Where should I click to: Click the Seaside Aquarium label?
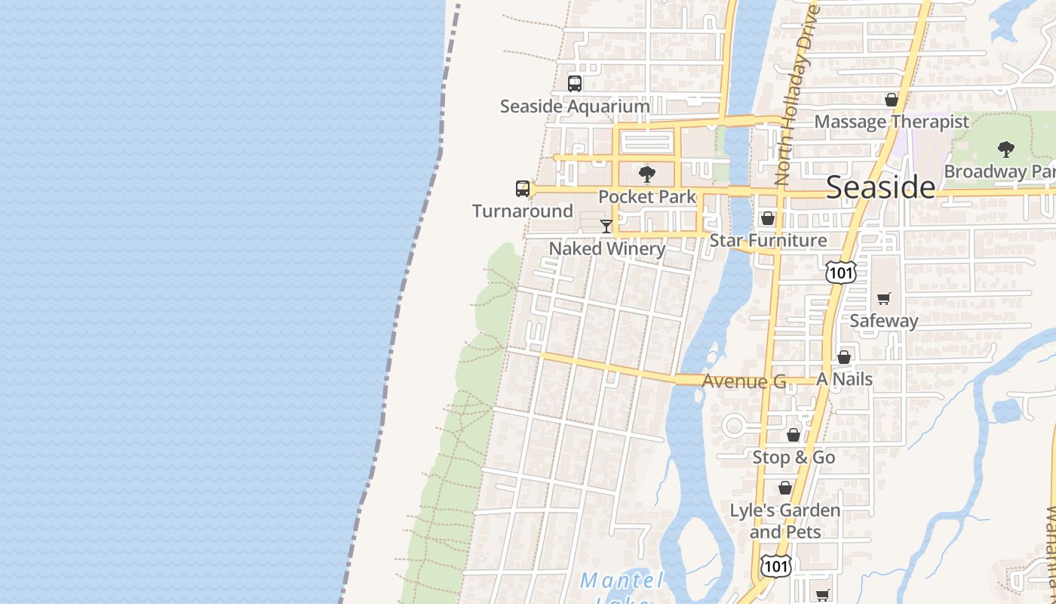pyautogui.click(x=575, y=106)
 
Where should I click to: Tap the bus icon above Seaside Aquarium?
pyautogui.click(x=575, y=84)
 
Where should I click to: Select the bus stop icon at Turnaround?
pyautogui.click(x=523, y=188)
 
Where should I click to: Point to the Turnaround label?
pyautogui.click(x=523, y=211)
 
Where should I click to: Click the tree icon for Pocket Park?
pyautogui.click(x=646, y=174)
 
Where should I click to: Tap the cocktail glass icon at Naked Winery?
pyautogui.click(x=606, y=226)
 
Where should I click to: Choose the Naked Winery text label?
pyautogui.click(x=606, y=248)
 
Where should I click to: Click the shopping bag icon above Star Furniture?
pyautogui.click(x=768, y=218)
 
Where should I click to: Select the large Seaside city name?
pyautogui.click(x=880, y=187)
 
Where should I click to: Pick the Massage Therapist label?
pyautogui.click(x=892, y=122)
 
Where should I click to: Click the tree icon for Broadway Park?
pyautogui.click(x=1005, y=149)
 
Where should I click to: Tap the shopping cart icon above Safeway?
pyautogui.click(x=884, y=298)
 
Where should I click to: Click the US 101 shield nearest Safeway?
pyautogui.click(x=840, y=272)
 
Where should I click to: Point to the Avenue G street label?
pyautogui.click(x=744, y=381)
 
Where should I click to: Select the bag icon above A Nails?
pyautogui.click(x=844, y=357)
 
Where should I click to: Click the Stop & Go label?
pyautogui.click(x=794, y=458)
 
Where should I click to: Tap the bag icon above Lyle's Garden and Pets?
pyautogui.click(x=785, y=488)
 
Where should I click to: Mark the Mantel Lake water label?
pyautogui.click(x=622, y=581)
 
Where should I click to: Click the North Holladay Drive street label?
pyautogui.click(x=797, y=94)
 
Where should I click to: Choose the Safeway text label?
pyautogui.click(x=884, y=321)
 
